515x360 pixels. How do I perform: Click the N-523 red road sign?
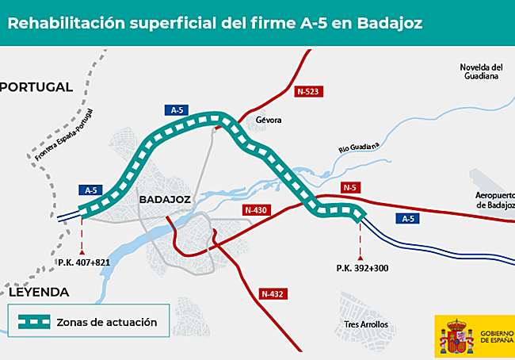pyautogui.click(x=309, y=92)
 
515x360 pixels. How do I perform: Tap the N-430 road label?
pyautogui.click(x=254, y=210)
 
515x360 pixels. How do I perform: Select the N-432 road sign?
pyautogui.click(x=273, y=294)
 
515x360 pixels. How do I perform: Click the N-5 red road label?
pyautogui.click(x=349, y=187)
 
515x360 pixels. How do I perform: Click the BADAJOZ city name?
pyautogui.click(x=165, y=200)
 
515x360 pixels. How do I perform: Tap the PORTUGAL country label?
pyautogui.click(x=37, y=86)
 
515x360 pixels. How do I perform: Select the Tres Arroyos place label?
pyautogui.click(x=366, y=325)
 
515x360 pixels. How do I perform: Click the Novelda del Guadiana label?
pyautogui.click(x=481, y=71)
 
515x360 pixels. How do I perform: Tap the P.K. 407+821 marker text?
pyautogui.click(x=83, y=262)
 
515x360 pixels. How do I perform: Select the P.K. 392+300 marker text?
pyautogui.click(x=360, y=269)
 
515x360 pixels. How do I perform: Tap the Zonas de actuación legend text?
pyautogui.click(x=106, y=323)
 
